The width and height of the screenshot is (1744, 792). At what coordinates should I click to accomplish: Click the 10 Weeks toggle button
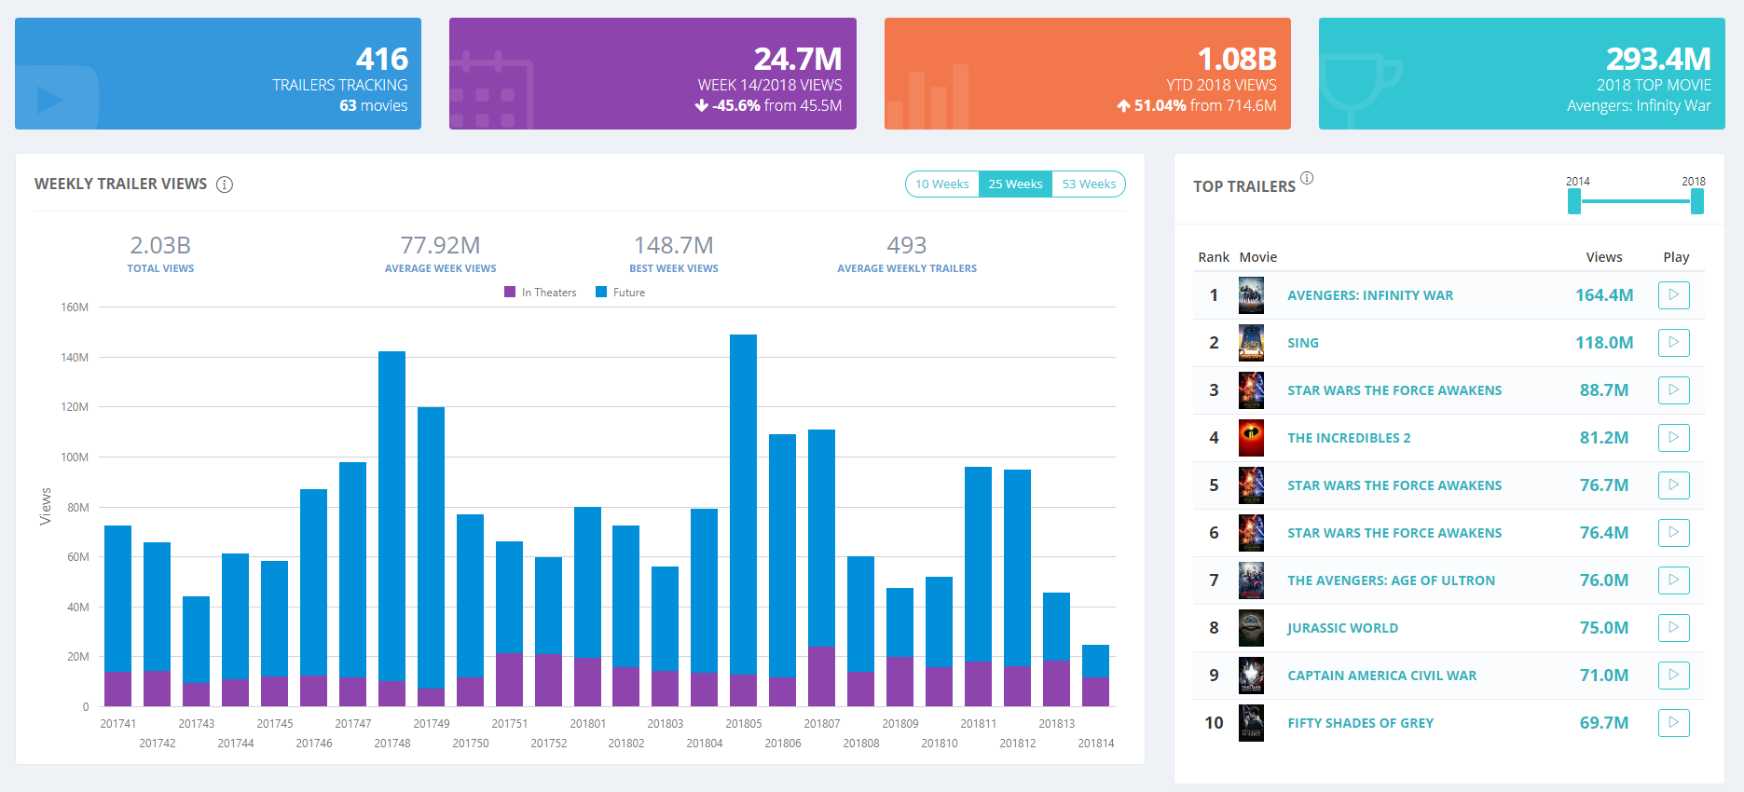coord(941,184)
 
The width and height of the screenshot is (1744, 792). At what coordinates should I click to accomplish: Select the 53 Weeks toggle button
coord(1089,184)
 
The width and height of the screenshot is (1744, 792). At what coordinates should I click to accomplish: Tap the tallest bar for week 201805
coord(743,503)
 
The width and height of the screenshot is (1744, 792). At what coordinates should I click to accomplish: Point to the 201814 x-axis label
coord(1095,744)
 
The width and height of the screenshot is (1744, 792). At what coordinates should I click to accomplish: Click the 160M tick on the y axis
coord(75,307)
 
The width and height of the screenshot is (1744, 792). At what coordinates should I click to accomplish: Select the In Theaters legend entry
coord(541,293)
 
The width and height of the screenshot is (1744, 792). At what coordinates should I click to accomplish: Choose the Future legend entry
coord(621,293)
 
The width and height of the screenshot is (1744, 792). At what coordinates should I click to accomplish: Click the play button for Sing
coord(1673,343)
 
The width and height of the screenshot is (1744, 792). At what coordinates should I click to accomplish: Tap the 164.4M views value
coord(1603,295)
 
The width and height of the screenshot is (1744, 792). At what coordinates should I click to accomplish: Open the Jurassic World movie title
coord(1342,628)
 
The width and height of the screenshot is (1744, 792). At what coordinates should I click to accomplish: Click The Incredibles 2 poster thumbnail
coord(1251,438)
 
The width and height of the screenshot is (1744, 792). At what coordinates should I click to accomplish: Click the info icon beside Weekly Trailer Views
coord(225,184)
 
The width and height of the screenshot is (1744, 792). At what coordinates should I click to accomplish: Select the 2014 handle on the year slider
coord(1574,201)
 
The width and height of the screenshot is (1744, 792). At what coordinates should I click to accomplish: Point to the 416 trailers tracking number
coord(382,60)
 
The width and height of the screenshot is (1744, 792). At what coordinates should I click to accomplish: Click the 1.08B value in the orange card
coord(1236,60)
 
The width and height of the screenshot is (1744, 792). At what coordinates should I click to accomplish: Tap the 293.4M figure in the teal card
coord(1658,60)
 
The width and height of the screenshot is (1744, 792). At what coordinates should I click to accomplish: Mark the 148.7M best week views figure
coord(673,246)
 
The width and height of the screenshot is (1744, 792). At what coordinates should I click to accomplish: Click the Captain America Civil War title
coord(1381,676)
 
